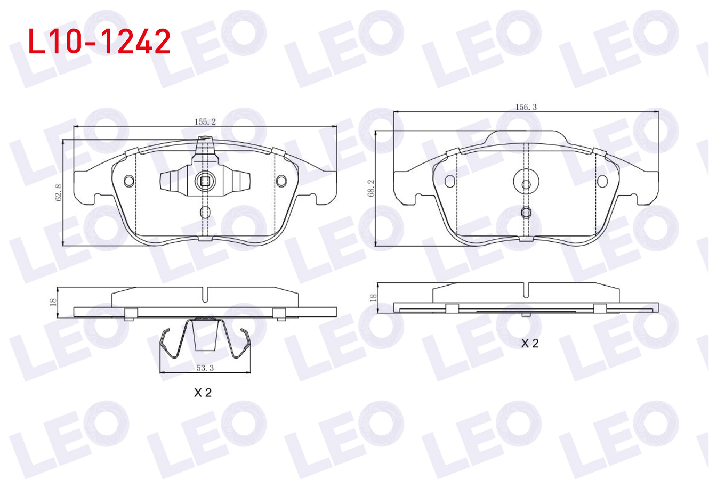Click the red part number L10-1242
click(99, 42)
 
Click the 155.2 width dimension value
click(205, 122)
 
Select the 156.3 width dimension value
click(526, 107)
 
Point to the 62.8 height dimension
click(58, 193)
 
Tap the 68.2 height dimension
click(370, 188)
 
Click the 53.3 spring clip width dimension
click(205, 368)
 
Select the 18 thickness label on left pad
click(53, 302)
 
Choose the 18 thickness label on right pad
click(373, 297)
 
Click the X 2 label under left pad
click(203, 393)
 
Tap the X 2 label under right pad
click(530, 343)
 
